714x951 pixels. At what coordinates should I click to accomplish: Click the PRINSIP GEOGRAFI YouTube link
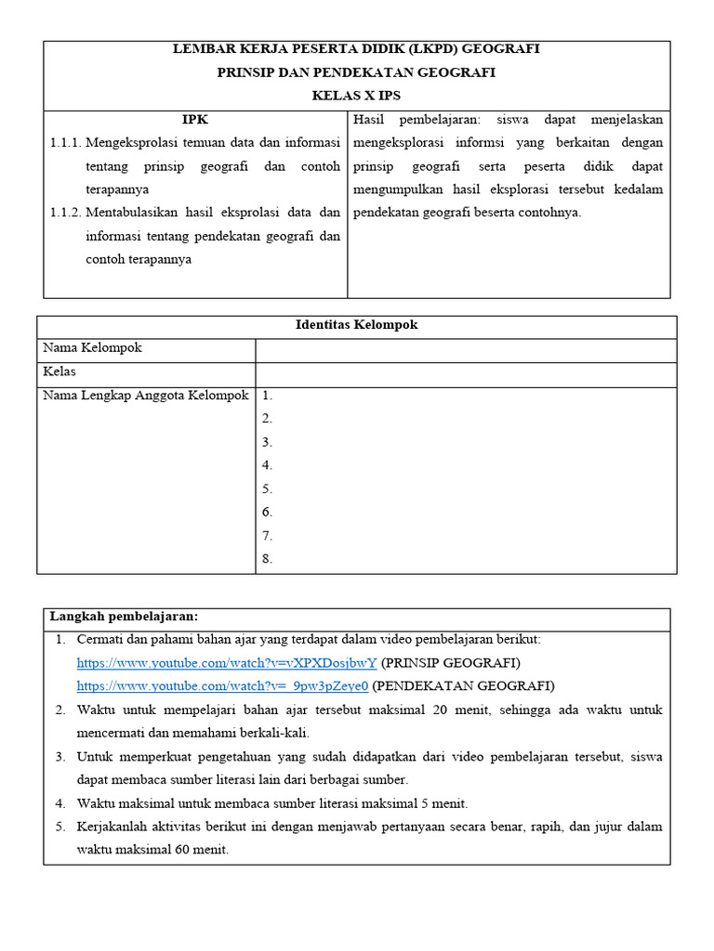pos(226,663)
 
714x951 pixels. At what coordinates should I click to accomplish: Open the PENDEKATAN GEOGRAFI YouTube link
pos(222,686)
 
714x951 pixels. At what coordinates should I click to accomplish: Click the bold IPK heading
pos(195,120)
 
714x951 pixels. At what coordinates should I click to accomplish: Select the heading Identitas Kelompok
pos(356,325)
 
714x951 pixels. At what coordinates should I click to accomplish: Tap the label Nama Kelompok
pos(93,348)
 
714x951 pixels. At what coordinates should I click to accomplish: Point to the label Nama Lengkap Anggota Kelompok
pos(146,396)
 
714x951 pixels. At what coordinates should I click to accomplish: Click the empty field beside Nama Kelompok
pos(465,349)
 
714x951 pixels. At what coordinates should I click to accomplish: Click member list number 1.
pos(267,396)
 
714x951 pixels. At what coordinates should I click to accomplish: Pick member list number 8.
pos(267,559)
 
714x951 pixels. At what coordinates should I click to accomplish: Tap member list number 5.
pos(267,489)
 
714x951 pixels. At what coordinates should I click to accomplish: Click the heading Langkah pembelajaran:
pos(124,617)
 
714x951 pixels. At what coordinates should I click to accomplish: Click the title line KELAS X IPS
pos(356,95)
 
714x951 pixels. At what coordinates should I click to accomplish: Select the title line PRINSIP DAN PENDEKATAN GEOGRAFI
pos(356,72)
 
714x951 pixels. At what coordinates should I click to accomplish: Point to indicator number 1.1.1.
pos(65,142)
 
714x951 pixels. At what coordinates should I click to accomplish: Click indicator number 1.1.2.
pos(65,213)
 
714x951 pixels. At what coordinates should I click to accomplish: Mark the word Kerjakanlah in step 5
pos(113,827)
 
